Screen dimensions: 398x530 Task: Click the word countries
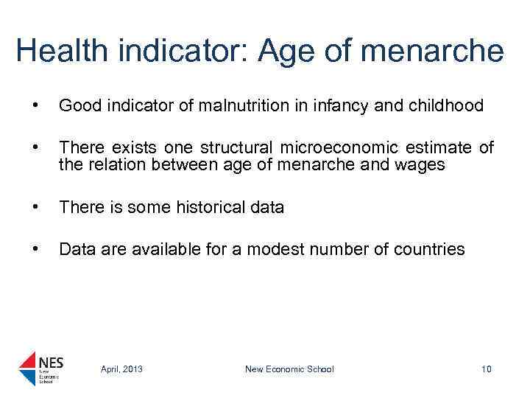tap(428, 249)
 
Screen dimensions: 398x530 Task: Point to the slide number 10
tap(485, 369)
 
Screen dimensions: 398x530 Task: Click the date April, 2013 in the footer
tap(121, 369)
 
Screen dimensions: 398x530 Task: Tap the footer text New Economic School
tap(289, 369)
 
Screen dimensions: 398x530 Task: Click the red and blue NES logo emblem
tap(27, 368)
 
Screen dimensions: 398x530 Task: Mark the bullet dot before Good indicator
tap(28, 106)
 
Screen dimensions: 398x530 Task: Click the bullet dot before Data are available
tap(28, 249)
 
